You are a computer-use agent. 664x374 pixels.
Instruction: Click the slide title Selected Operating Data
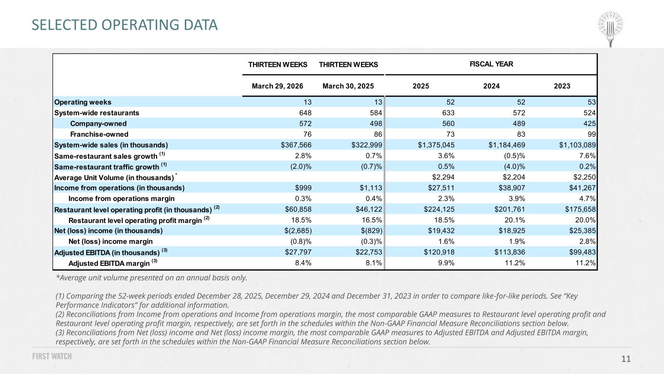(125, 25)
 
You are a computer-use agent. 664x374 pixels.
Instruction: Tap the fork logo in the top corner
(610, 29)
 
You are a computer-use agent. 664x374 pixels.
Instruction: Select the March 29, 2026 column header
(277, 86)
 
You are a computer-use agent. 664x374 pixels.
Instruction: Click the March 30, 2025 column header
(348, 86)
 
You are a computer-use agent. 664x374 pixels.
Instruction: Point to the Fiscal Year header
(491, 64)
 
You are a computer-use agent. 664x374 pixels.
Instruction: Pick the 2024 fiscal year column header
(491, 86)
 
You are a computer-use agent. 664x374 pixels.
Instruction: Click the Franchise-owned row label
(99, 134)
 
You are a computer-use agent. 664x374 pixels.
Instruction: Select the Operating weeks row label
(83, 102)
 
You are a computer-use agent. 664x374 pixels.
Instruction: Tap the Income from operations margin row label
(122, 199)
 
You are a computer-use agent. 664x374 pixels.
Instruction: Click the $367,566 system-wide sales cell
(296, 145)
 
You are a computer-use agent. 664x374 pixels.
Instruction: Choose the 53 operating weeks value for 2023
(592, 102)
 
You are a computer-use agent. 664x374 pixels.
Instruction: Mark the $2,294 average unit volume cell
(443, 177)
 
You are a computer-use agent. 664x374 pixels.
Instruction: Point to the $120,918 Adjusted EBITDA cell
(439, 252)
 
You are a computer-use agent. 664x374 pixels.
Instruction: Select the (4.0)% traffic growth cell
(514, 167)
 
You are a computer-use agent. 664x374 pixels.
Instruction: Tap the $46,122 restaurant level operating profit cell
(369, 209)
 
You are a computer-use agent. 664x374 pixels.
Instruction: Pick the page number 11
(626, 359)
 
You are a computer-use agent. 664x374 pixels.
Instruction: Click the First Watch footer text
(52, 356)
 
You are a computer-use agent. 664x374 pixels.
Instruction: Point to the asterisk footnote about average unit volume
(151, 278)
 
